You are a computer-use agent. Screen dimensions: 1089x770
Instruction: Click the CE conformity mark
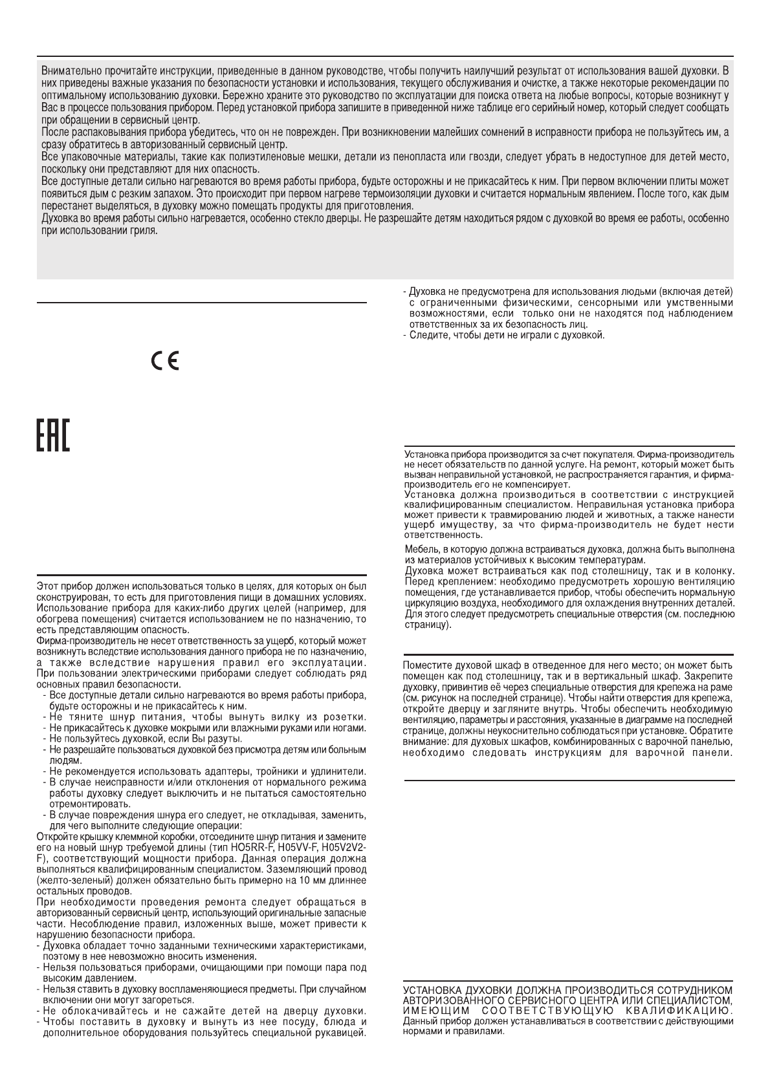tap(164, 361)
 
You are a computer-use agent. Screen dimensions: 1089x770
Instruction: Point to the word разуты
tap(226, 739)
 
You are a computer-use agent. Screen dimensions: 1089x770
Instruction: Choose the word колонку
tap(712, 570)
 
